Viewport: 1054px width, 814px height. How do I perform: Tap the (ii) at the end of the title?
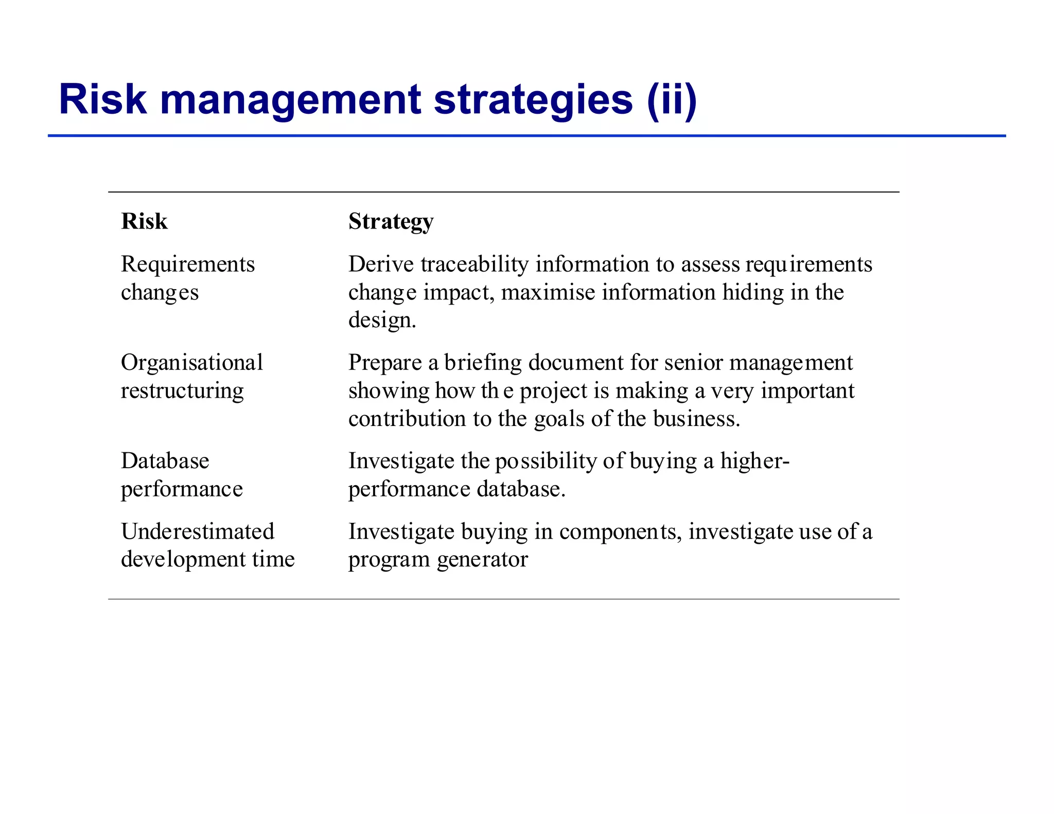pos(672,100)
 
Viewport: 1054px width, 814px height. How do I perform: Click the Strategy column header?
pos(391,222)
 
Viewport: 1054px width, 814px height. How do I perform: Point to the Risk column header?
pos(144,222)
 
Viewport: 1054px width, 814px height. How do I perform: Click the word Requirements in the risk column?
pos(188,264)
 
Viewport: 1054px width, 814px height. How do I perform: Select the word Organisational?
pos(192,363)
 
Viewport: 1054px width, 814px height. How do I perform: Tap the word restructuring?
pos(182,391)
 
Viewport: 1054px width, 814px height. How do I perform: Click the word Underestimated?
pos(198,532)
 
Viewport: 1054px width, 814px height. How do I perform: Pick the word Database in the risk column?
pos(165,461)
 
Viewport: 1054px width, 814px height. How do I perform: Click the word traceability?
pos(475,264)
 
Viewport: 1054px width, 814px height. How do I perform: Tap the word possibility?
pos(546,461)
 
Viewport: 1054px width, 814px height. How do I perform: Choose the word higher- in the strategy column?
pos(754,461)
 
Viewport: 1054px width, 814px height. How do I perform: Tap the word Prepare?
pos(385,363)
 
